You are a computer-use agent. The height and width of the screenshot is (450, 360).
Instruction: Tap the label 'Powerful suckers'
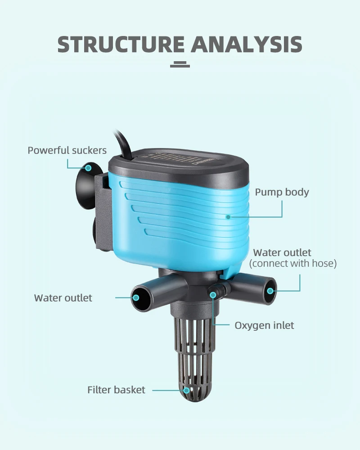coord(67,150)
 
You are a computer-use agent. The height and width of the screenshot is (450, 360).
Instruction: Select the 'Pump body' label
coord(282,192)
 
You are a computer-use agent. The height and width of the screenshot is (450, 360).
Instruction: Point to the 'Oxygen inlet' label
coord(264,325)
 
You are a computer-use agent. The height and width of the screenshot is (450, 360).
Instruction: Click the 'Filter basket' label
coord(116,390)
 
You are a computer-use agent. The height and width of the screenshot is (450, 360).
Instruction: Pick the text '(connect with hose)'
coord(293,264)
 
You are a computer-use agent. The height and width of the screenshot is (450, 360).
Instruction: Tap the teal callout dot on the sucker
coord(89,168)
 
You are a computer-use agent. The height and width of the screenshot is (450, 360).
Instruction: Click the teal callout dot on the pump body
coord(228,217)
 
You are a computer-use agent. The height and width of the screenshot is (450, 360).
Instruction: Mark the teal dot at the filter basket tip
coord(186,390)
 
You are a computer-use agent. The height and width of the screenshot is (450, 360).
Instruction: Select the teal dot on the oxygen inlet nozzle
coord(212,295)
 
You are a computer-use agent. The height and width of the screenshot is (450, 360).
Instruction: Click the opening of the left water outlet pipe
coord(137,297)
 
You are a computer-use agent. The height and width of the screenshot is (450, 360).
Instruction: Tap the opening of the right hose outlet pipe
coord(270,290)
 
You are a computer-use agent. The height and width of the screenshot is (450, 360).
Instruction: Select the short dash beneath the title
coord(180,65)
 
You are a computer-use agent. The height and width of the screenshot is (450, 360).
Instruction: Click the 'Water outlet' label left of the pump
coord(63,298)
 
